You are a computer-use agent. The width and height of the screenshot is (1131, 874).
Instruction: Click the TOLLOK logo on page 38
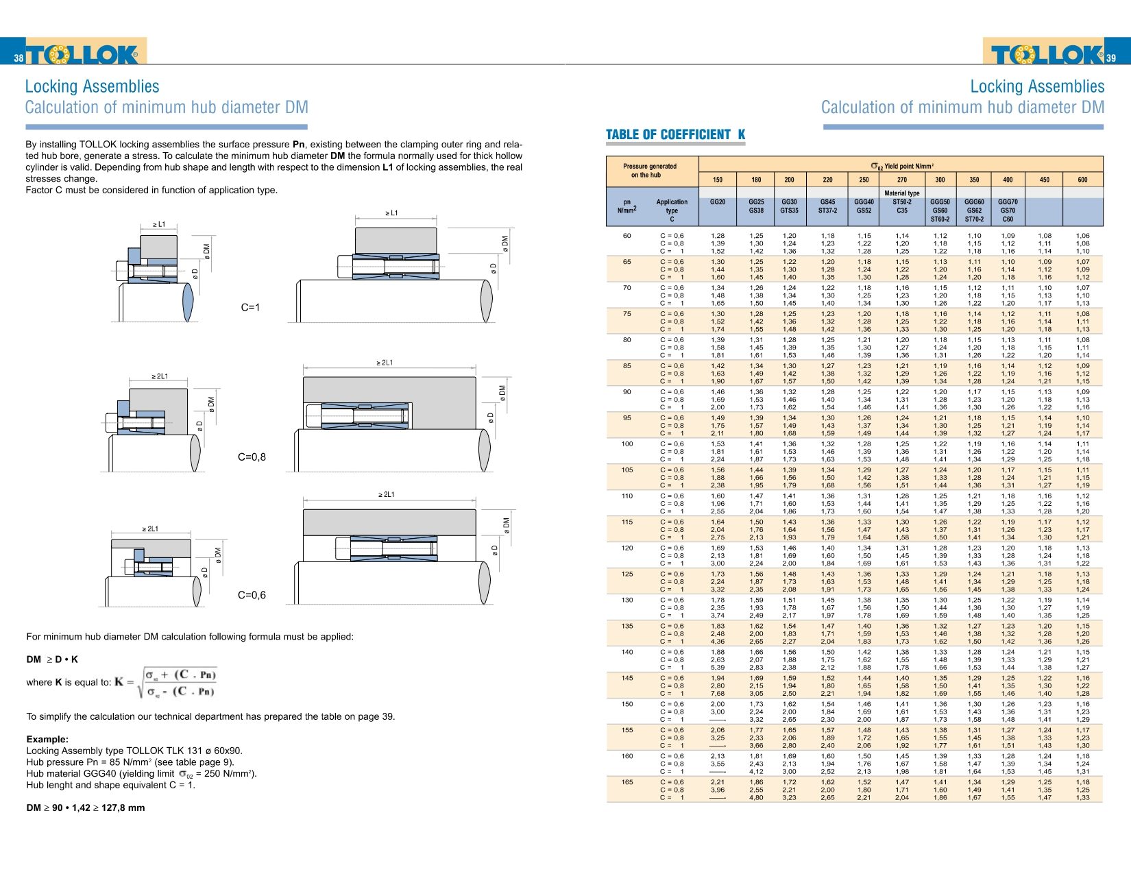tap(82, 54)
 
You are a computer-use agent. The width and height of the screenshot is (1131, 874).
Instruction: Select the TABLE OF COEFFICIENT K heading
tap(675, 135)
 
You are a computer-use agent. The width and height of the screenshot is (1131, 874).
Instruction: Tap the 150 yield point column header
tap(717, 180)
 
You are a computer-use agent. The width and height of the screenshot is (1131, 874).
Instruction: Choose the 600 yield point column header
tap(1082, 180)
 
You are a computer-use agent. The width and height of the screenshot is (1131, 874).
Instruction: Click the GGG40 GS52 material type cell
tap(864, 206)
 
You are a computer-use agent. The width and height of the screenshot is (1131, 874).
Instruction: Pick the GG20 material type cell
tap(717, 202)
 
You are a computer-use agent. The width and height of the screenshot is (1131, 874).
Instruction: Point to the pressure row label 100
tap(627, 444)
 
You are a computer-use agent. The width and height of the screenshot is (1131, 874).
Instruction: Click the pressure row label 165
tap(627, 782)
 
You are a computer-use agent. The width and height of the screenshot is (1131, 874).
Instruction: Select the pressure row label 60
tap(627, 236)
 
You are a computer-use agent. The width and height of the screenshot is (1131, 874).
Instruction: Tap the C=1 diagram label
tap(250, 308)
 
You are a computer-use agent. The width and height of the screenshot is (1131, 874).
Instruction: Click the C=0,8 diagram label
tap(252, 457)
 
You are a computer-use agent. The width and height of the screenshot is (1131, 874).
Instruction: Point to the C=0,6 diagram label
tap(252, 595)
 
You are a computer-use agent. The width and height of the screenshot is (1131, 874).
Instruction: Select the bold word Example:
tap(47, 739)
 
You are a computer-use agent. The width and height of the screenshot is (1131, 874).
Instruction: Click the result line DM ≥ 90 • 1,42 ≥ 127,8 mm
tap(86, 808)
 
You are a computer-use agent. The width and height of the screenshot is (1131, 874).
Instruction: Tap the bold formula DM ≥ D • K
tap(52, 659)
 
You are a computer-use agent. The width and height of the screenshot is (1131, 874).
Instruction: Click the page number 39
tap(1110, 58)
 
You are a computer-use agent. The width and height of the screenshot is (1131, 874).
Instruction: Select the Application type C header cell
tap(671, 210)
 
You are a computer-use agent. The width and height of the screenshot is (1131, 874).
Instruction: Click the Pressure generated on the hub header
tap(649, 171)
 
